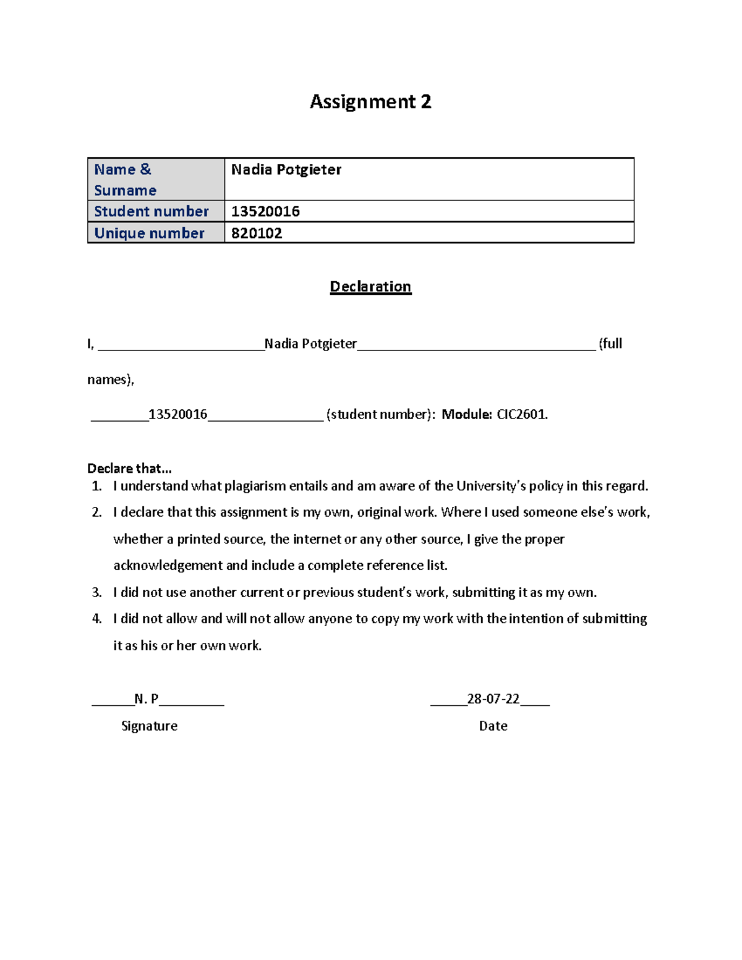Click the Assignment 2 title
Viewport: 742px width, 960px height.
click(370, 101)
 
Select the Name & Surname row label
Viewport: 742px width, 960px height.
click(126, 179)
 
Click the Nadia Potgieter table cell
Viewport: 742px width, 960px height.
click(286, 170)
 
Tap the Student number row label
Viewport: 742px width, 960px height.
click(151, 211)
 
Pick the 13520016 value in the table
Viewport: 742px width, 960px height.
click(265, 211)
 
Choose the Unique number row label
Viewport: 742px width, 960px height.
click(149, 233)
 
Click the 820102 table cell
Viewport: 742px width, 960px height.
click(257, 233)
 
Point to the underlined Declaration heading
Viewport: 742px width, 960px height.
click(370, 287)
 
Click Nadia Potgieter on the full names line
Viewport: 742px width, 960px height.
click(310, 344)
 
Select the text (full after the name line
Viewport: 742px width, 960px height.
click(610, 344)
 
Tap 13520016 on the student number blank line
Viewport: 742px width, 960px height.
click(178, 414)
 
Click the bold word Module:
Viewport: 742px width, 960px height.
click(467, 414)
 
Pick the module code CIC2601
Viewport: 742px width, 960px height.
click(522, 414)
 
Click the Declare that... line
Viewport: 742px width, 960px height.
click(129, 468)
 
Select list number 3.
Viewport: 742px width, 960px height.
click(96, 592)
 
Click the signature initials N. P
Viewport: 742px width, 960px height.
click(147, 699)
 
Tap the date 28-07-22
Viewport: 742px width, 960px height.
click(493, 699)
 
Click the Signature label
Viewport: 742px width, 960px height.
click(149, 726)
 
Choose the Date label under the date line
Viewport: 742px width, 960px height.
click(493, 726)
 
